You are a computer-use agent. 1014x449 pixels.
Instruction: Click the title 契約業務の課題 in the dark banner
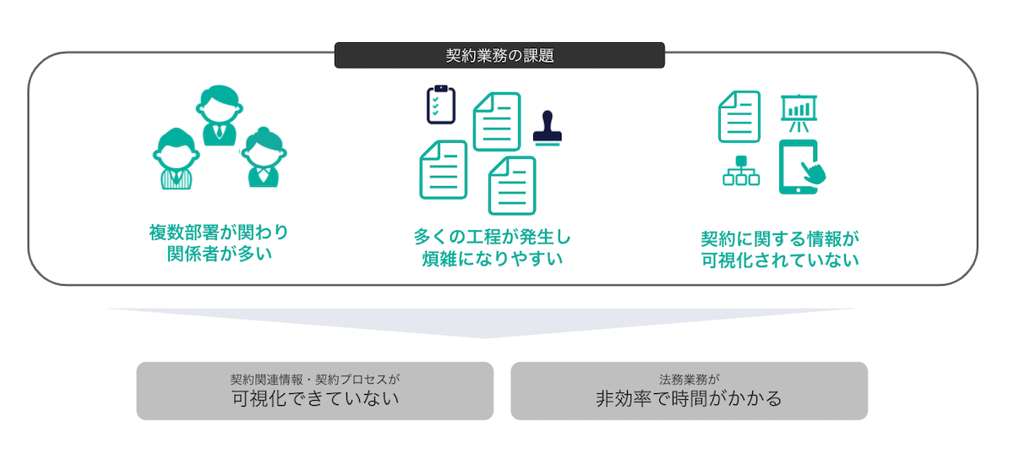click(x=499, y=56)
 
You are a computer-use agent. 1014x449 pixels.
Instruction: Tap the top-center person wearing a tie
click(x=219, y=114)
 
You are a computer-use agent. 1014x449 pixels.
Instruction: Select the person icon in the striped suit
click(x=177, y=159)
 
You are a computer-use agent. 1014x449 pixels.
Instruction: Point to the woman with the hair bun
click(x=263, y=157)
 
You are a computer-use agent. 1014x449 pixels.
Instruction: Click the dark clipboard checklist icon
click(x=440, y=104)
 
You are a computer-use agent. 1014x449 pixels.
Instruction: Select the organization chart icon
click(x=741, y=171)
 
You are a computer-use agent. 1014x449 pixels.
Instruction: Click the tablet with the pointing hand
click(x=800, y=167)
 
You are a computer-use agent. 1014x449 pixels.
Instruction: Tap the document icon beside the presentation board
click(x=739, y=116)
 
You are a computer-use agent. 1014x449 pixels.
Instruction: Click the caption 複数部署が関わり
click(x=219, y=231)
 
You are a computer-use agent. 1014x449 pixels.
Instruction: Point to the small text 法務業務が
click(x=689, y=378)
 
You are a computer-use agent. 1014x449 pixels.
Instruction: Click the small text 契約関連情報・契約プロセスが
click(x=314, y=378)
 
